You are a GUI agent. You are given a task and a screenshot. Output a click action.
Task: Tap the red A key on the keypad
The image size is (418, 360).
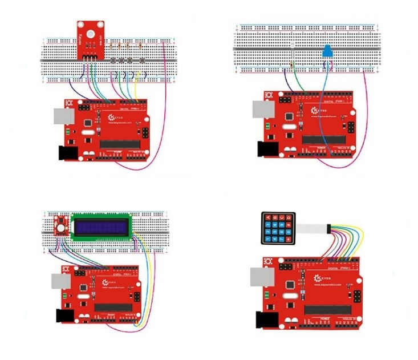[x=267, y=217]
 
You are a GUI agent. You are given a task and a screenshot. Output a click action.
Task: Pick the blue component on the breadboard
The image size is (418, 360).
[x=328, y=52]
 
